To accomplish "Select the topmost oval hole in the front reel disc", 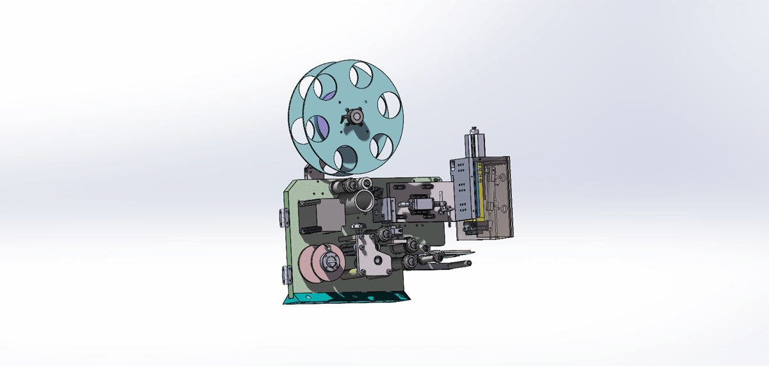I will [361, 74].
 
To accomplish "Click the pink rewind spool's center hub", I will [328, 262].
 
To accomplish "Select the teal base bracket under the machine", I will [346, 297].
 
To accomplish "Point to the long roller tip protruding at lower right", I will [468, 263].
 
